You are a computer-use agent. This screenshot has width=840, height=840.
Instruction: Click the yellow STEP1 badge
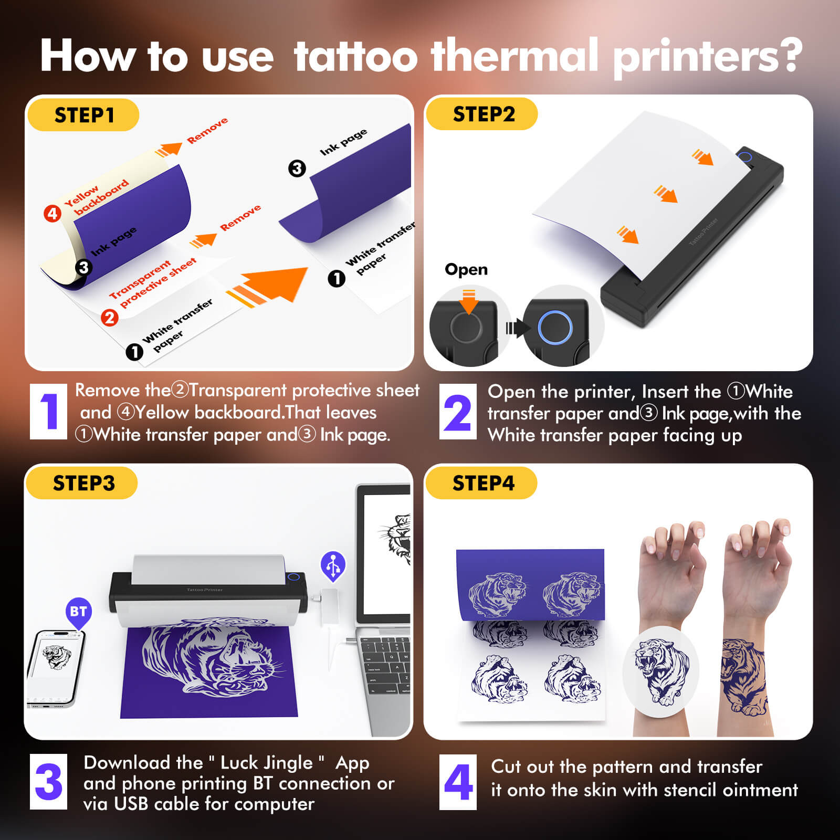tap(83, 115)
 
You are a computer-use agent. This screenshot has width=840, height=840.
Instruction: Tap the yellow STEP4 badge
tap(481, 483)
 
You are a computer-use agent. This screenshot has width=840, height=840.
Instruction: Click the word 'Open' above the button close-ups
tap(466, 269)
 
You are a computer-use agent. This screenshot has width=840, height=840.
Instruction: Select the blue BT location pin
tap(78, 612)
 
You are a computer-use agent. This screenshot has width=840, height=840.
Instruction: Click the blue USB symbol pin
tap(333, 565)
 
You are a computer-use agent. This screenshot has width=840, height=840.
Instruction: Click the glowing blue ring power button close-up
tap(555, 328)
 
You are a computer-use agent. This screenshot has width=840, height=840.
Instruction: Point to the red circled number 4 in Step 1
tap(52, 214)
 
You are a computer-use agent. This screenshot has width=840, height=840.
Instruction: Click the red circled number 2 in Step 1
tap(109, 318)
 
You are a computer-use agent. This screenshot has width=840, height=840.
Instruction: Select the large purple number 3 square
tap(48, 782)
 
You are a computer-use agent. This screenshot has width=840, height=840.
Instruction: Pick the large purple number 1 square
tap(48, 412)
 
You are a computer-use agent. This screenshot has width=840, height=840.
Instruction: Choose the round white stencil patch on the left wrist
tap(660, 671)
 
